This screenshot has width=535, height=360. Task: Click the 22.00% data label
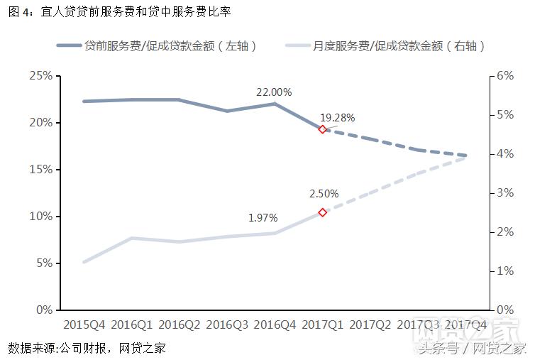274,92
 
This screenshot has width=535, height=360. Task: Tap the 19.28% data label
337,118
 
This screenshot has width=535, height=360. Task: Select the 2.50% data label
324,193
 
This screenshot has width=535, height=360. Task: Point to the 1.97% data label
263,218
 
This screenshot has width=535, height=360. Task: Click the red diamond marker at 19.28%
322,129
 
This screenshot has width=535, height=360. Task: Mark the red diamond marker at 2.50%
322,212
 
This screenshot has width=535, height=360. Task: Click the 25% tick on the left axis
40,76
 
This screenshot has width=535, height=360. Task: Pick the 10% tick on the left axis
40,217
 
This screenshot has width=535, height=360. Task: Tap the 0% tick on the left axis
43,310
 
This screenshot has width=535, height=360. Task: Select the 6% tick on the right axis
504,76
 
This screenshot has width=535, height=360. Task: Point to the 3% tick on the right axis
504,193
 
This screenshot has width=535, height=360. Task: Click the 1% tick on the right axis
504,271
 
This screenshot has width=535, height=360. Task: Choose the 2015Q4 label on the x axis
84,325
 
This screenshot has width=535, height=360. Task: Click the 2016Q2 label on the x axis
180,325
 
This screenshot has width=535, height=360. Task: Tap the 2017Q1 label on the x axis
323,325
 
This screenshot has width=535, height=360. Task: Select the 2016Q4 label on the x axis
275,325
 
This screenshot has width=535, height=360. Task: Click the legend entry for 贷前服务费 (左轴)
156,46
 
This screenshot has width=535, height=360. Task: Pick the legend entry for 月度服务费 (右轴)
387,46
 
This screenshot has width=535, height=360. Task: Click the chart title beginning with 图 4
120,12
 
